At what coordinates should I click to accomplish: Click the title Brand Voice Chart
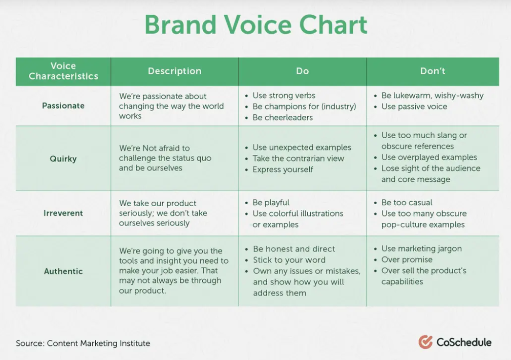point(256,24)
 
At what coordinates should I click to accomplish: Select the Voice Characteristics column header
point(63,71)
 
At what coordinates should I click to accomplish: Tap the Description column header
point(175,71)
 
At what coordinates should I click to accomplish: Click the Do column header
point(302,71)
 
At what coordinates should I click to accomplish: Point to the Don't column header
point(432,71)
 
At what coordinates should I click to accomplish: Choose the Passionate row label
point(63,106)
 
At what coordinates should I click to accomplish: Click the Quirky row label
point(63,159)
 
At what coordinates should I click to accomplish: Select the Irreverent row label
point(63,213)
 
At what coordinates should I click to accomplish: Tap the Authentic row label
point(63,271)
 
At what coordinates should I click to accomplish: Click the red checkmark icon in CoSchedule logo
point(426,342)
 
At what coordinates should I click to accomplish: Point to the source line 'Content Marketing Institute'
point(98,343)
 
